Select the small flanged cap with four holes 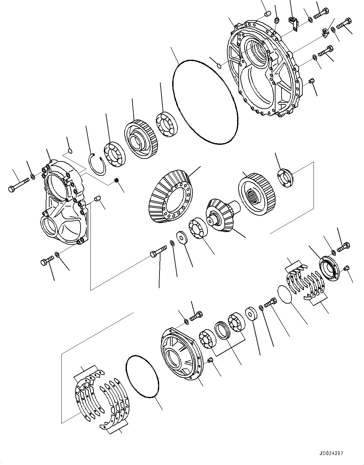[x=285, y=177]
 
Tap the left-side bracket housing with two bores [x=64, y=205]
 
